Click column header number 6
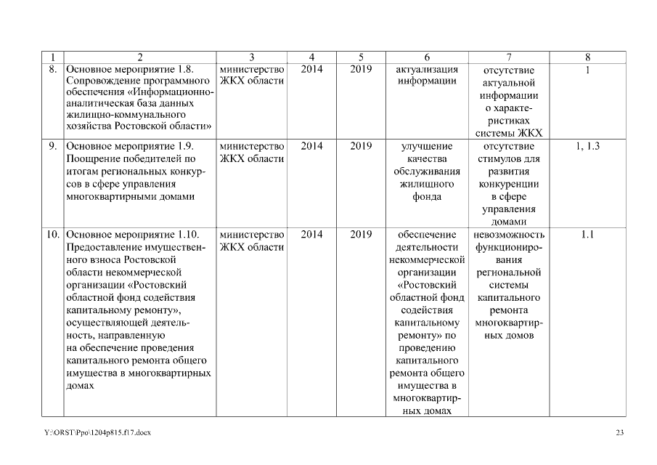tap(427, 57)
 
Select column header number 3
tap(251, 57)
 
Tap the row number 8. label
tap(53, 70)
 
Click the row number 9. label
tap(53, 146)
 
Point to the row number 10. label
tap(53, 235)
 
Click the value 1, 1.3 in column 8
tap(587, 146)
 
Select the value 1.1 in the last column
tap(587, 235)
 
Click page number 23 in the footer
tap(619, 433)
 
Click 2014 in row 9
tap(311, 146)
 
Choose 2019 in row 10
tap(361, 235)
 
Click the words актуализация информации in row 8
tap(427, 75)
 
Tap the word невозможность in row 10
tap(508, 235)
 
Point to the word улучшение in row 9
tap(427, 146)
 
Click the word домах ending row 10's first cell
tap(80, 387)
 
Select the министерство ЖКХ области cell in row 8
tap(251, 75)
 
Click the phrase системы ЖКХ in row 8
tap(508, 133)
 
